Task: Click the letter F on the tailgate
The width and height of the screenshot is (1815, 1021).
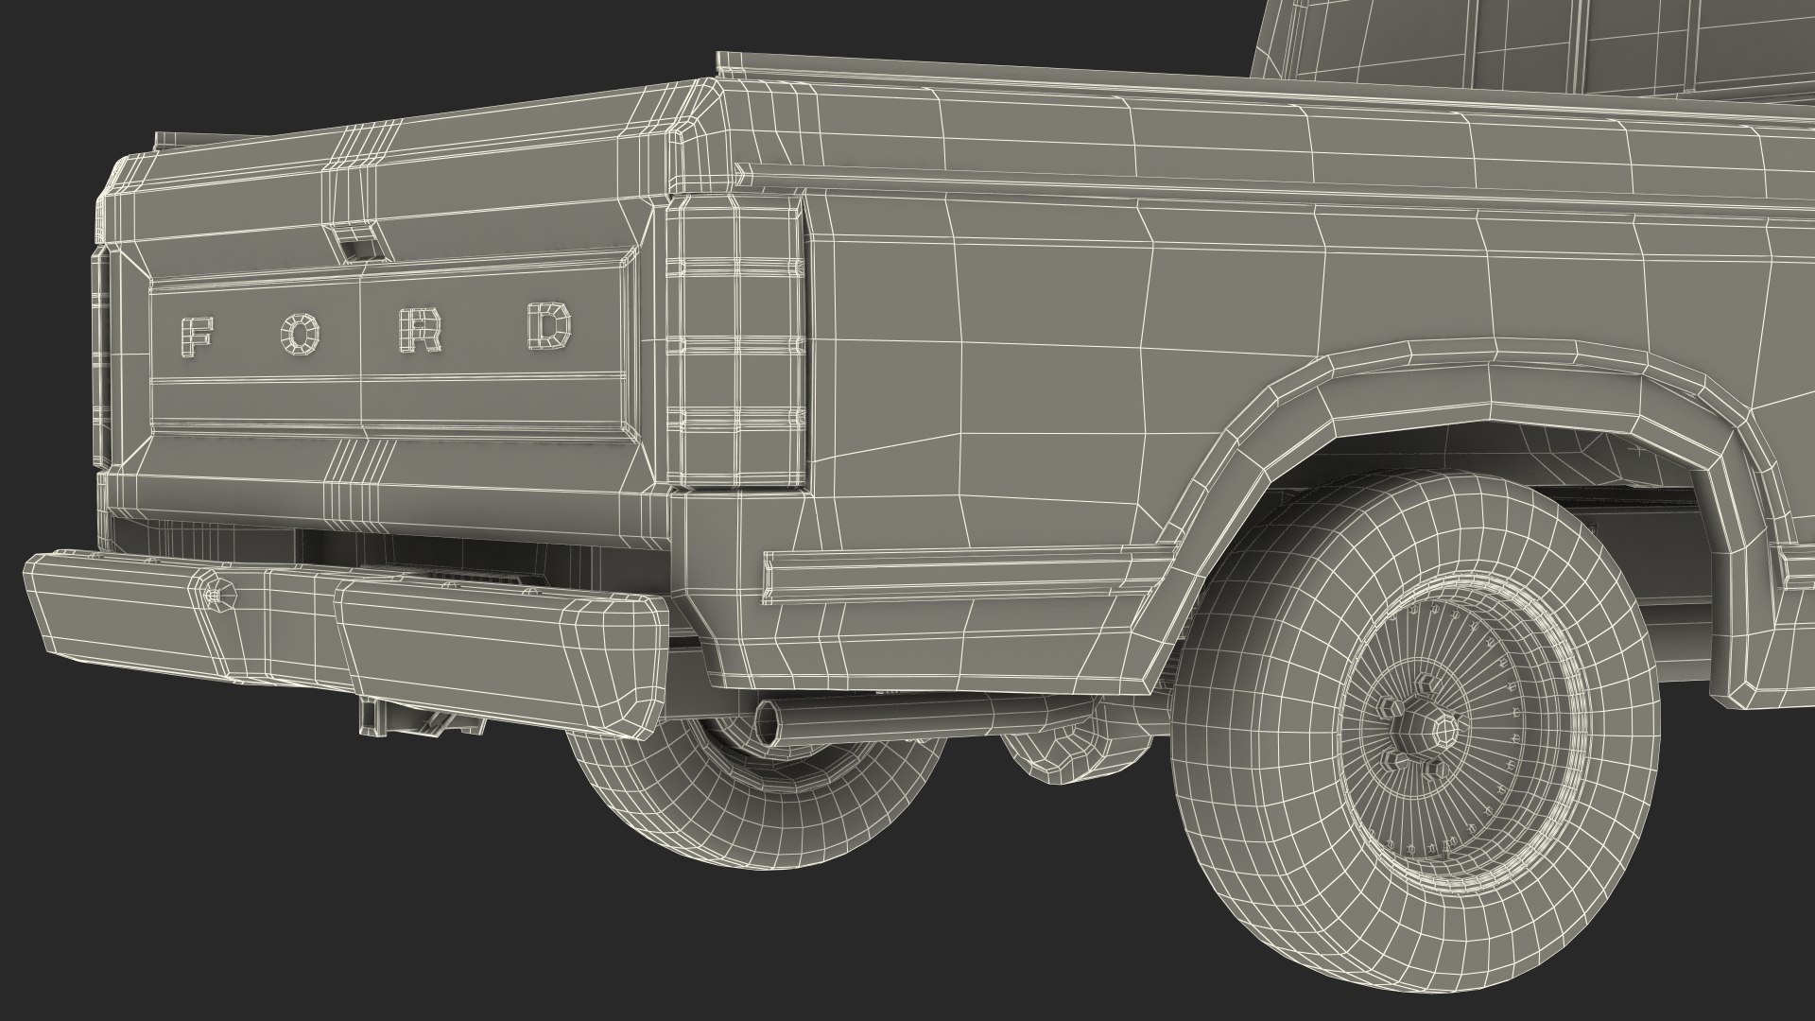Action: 196,335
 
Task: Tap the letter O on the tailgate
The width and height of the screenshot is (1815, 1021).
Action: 302,333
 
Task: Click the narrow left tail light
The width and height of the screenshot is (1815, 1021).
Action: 101,359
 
